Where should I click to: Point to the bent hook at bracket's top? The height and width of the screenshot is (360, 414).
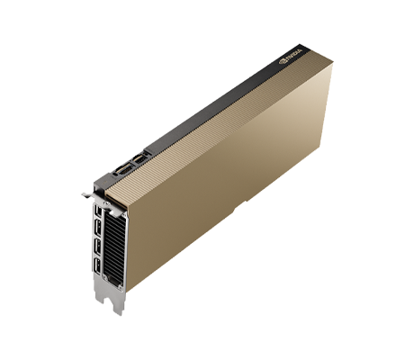[83, 192]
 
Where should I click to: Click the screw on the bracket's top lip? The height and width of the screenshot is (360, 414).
[96, 191]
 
